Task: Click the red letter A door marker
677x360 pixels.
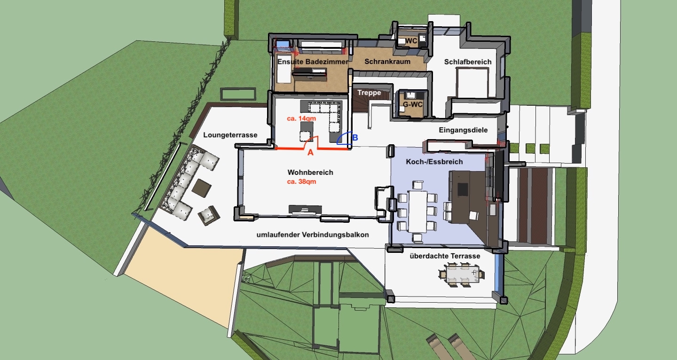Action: tap(310, 153)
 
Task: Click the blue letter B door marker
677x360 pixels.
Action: tap(355, 138)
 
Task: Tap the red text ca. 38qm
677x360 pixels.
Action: tap(302, 182)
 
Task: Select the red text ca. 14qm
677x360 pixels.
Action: tap(301, 119)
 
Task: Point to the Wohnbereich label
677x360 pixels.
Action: tap(310, 172)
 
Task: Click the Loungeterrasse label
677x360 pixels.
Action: tap(230, 135)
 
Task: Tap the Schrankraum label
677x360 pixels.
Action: tap(387, 62)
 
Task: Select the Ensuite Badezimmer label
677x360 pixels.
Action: tap(313, 62)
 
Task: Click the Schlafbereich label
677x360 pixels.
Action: tap(468, 62)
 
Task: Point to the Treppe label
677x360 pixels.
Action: tap(369, 93)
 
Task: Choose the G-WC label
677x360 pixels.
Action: tap(413, 105)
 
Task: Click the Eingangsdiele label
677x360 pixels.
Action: tap(464, 130)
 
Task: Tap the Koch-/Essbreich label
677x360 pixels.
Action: tap(434, 162)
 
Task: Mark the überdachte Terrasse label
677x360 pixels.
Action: tap(445, 256)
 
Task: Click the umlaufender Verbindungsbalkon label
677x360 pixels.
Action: tap(313, 235)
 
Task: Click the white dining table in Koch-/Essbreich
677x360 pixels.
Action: tap(417, 211)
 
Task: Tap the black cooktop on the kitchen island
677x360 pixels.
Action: tap(463, 189)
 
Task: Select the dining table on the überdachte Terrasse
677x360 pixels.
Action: tap(462, 274)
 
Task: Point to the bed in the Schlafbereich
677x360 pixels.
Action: tap(472, 83)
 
